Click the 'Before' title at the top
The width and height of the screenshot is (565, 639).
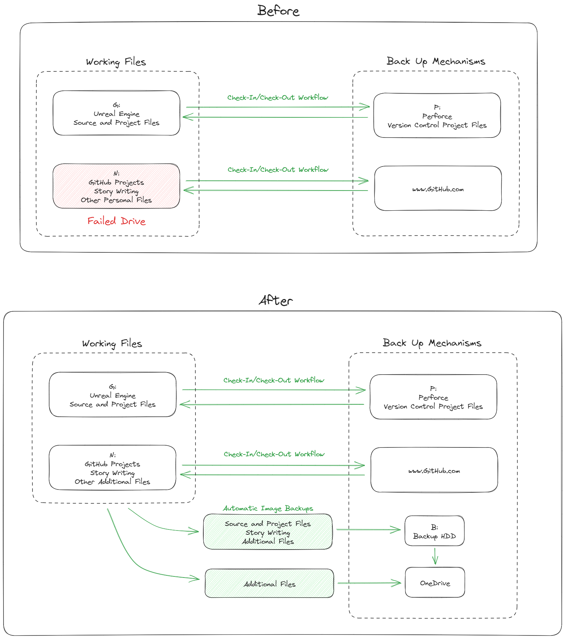coord(278,11)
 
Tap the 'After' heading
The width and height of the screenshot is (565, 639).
coord(276,300)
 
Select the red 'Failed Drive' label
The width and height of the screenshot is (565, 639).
coord(116,221)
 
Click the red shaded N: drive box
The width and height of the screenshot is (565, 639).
coord(116,186)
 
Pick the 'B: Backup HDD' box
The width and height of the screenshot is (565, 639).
coord(435,531)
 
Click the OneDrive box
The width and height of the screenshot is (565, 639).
coord(435,582)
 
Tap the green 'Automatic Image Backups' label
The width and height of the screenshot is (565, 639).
coord(268,508)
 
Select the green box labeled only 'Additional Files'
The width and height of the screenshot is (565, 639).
coord(269,584)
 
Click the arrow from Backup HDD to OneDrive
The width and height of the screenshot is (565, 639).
coord(435,556)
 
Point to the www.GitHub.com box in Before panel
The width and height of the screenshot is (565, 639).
coord(438,188)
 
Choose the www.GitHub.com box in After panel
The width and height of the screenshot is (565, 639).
coord(434,470)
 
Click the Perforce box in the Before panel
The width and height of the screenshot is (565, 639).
coord(437,115)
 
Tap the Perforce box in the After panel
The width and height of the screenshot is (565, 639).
coord(433,397)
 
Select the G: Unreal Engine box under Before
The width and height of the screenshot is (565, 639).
coord(116,113)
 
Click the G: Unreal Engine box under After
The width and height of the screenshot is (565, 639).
coord(112,394)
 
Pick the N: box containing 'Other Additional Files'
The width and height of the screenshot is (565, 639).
coord(112,468)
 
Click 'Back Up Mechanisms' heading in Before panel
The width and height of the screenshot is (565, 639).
coord(436,61)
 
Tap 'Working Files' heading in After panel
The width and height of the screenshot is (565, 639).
coord(112,344)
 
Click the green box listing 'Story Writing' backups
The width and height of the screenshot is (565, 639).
coord(268,532)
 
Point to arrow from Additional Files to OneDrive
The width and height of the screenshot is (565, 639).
coord(369,583)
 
